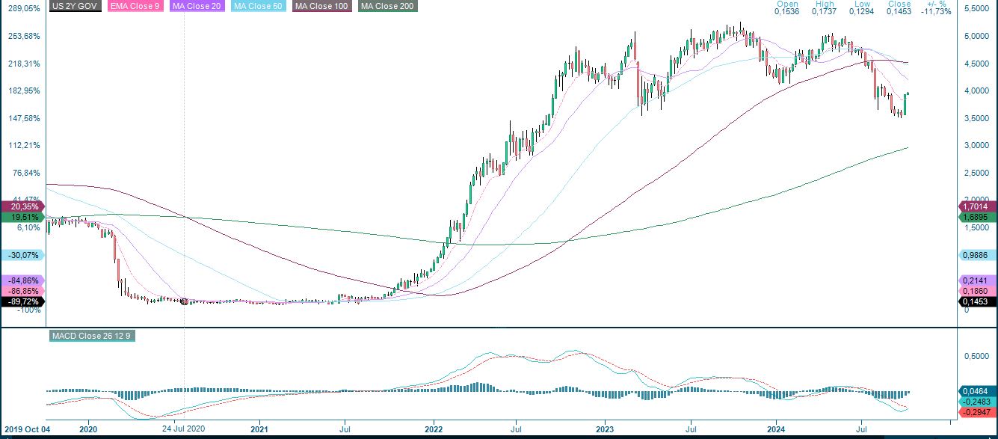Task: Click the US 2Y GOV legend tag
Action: [x=76, y=6]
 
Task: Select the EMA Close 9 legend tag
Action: [x=135, y=6]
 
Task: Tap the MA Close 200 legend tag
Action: [x=387, y=6]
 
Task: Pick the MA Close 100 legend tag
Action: [x=322, y=6]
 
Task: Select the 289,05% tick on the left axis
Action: [x=22, y=9]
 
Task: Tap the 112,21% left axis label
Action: [x=22, y=145]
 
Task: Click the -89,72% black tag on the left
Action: [x=22, y=301]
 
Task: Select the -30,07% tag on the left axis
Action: [x=22, y=255]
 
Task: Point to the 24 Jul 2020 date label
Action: [x=183, y=429]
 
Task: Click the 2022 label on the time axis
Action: [x=434, y=429]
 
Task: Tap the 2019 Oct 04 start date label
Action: [x=25, y=429]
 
